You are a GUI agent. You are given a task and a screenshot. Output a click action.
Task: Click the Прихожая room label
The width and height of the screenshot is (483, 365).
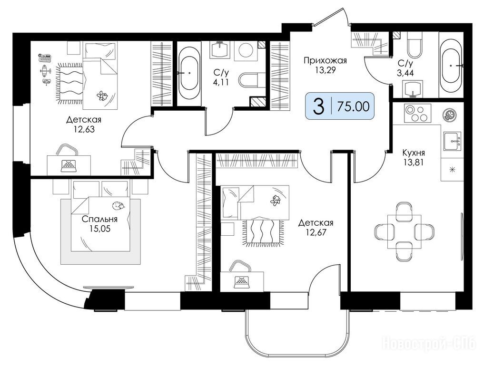(325, 60)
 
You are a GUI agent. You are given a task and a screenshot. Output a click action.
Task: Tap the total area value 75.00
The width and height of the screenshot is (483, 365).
(353, 106)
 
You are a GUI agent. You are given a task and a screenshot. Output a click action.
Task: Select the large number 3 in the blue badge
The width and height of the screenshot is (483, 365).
(318, 106)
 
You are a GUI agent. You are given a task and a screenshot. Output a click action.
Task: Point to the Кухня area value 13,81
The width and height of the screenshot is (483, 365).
(414, 162)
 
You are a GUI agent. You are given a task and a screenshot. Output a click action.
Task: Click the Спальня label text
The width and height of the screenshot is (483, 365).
(99, 219)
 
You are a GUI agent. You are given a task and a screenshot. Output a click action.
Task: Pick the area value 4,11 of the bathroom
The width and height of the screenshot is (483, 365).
(221, 82)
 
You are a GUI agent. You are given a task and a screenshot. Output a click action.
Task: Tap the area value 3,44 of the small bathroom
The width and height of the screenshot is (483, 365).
(405, 73)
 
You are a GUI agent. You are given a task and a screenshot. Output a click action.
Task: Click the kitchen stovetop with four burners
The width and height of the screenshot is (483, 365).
(417, 114)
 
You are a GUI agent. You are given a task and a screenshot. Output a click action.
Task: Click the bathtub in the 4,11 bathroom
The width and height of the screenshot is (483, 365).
(189, 73)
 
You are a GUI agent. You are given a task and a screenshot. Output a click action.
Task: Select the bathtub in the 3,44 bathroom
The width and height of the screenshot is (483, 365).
(451, 65)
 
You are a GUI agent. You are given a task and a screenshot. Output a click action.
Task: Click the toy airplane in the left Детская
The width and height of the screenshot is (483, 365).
(45, 70)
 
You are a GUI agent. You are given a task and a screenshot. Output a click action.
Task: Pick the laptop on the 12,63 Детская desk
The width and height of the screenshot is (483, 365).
(69, 166)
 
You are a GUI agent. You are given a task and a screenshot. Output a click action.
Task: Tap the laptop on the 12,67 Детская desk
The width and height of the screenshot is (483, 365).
(243, 282)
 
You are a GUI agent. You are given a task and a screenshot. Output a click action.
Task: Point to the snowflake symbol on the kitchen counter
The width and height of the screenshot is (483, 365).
(452, 169)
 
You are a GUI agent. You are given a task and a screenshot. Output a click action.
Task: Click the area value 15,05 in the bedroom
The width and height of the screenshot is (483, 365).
(99, 229)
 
